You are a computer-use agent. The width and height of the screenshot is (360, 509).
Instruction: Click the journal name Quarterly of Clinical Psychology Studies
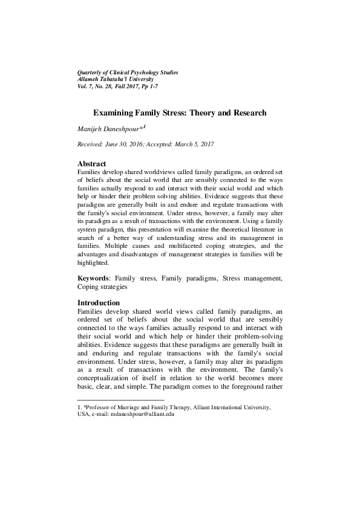(x=124, y=73)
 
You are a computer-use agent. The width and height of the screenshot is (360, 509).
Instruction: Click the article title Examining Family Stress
(x=180, y=112)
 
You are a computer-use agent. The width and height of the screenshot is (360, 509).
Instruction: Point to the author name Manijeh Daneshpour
(x=110, y=129)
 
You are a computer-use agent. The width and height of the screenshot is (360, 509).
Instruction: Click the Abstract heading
(x=92, y=164)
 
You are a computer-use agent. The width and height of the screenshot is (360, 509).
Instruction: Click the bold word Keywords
(x=94, y=279)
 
